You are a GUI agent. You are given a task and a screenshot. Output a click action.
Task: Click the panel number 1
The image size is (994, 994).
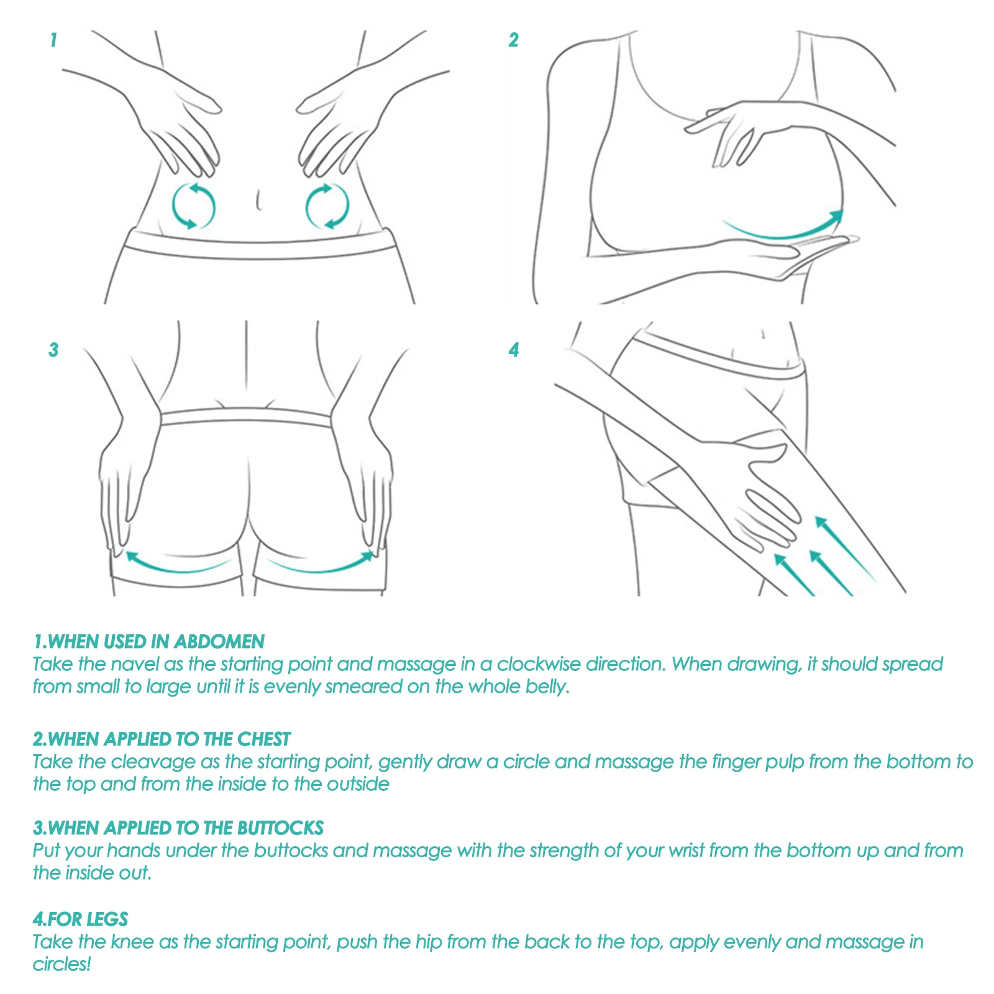[53, 40]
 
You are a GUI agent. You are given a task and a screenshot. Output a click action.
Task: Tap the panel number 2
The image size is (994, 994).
[513, 40]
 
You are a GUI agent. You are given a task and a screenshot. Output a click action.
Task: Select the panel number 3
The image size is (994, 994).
[53, 350]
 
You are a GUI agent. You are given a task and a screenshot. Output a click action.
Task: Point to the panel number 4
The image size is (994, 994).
[513, 350]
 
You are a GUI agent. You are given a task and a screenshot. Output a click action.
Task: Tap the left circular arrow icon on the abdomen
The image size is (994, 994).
[193, 206]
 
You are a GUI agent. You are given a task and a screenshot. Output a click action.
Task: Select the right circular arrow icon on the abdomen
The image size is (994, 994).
[327, 206]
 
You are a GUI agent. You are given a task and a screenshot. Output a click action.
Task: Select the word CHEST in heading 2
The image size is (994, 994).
[264, 739]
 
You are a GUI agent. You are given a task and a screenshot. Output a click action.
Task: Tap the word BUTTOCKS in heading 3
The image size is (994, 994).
[280, 828]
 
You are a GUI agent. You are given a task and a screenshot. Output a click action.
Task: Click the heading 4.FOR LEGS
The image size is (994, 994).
[81, 919]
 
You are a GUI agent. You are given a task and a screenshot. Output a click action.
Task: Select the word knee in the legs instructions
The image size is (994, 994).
[132, 942]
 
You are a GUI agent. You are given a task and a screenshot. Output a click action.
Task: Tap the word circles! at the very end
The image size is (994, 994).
[62, 964]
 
